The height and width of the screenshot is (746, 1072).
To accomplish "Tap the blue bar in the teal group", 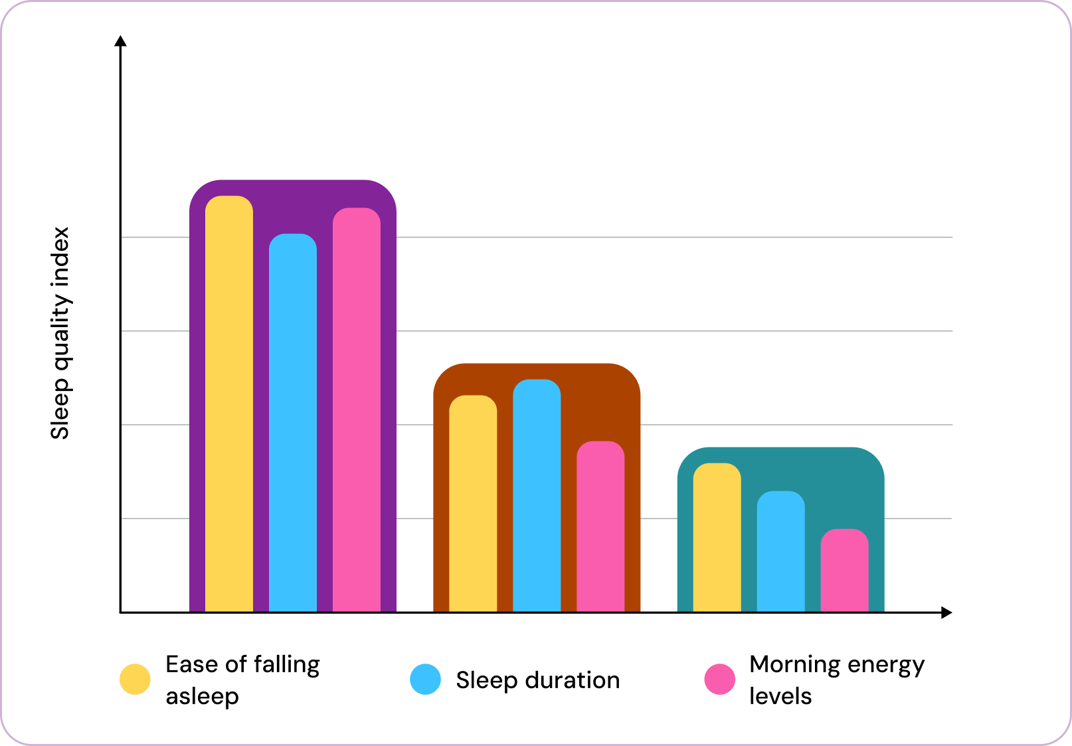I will click(x=781, y=551).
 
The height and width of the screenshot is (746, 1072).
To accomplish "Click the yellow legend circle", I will click(x=135, y=679).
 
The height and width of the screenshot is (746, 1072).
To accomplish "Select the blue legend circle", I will click(x=425, y=679).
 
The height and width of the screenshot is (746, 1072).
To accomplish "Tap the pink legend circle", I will click(x=719, y=679).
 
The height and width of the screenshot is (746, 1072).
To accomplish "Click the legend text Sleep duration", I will click(x=537, y=680).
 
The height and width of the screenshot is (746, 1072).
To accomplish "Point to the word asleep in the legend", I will click(x=202, y=696).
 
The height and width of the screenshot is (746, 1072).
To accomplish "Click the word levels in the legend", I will click(x=780, y=696).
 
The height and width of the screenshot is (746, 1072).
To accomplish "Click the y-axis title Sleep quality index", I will click(x=60, y=333).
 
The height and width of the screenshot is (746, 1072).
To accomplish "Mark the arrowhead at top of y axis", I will click(x=120, y=41).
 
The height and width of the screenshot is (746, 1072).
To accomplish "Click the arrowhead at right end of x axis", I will click(x=946, y=612).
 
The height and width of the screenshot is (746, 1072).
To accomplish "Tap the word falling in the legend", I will click(x=286, y=664).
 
